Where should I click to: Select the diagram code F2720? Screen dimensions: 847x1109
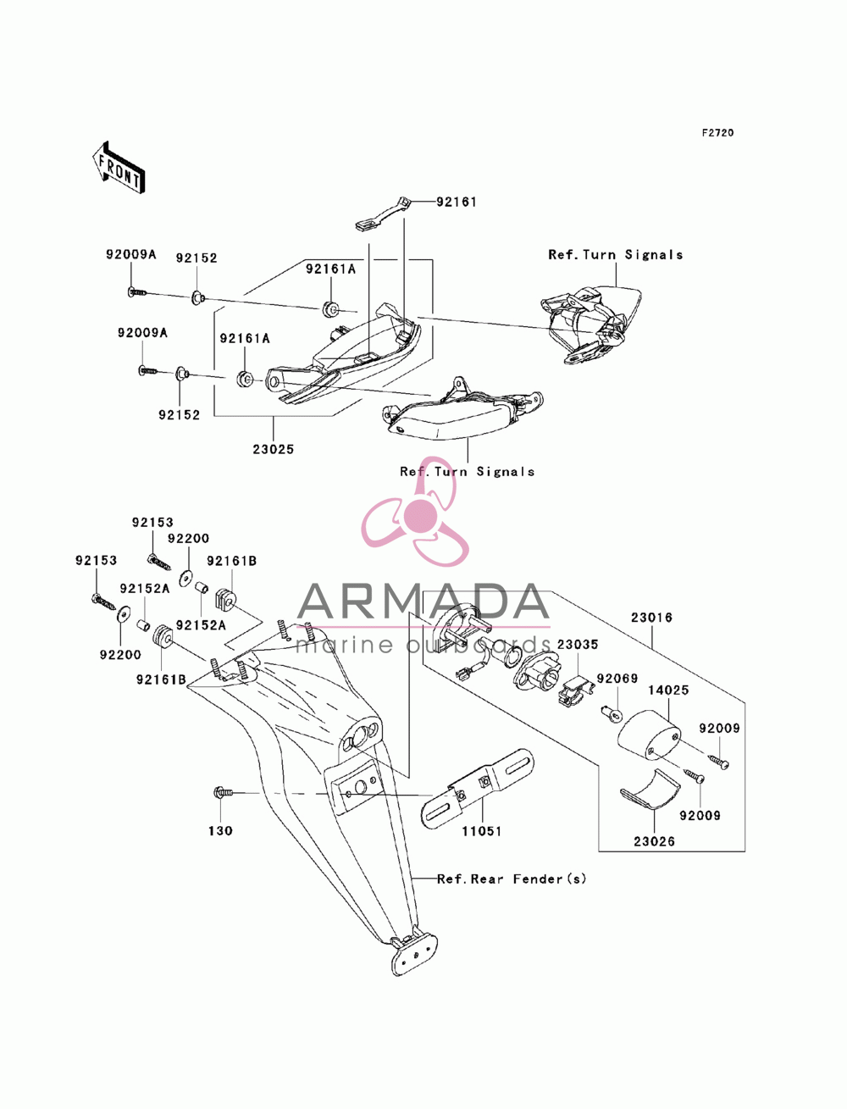click(x=717, y=133)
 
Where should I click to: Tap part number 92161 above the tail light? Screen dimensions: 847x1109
click(x=456, y=202)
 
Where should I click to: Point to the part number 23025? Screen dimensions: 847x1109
click(x=274, y=449)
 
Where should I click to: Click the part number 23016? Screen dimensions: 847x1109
click(x=651, y=618)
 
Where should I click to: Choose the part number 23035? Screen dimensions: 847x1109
click(x=578, y=644)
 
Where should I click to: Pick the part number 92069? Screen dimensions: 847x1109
click(x=617, y=678)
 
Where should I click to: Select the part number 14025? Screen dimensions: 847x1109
click(x=668, y=690)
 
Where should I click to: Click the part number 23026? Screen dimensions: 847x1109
click(x=654, y=841)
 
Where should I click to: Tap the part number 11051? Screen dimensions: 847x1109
click(x=482, y=831)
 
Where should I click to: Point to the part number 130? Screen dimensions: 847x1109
click(x=221, y=830)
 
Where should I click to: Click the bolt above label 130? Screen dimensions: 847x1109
click(x=224, y=792)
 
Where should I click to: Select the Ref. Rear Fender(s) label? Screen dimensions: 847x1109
click(x=512, y=879)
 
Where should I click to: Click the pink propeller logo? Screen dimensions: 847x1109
click(x=415, y=513)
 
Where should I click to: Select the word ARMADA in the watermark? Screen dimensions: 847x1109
click(x=423, y=602)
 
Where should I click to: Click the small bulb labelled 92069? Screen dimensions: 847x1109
click(x=612, y=713)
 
